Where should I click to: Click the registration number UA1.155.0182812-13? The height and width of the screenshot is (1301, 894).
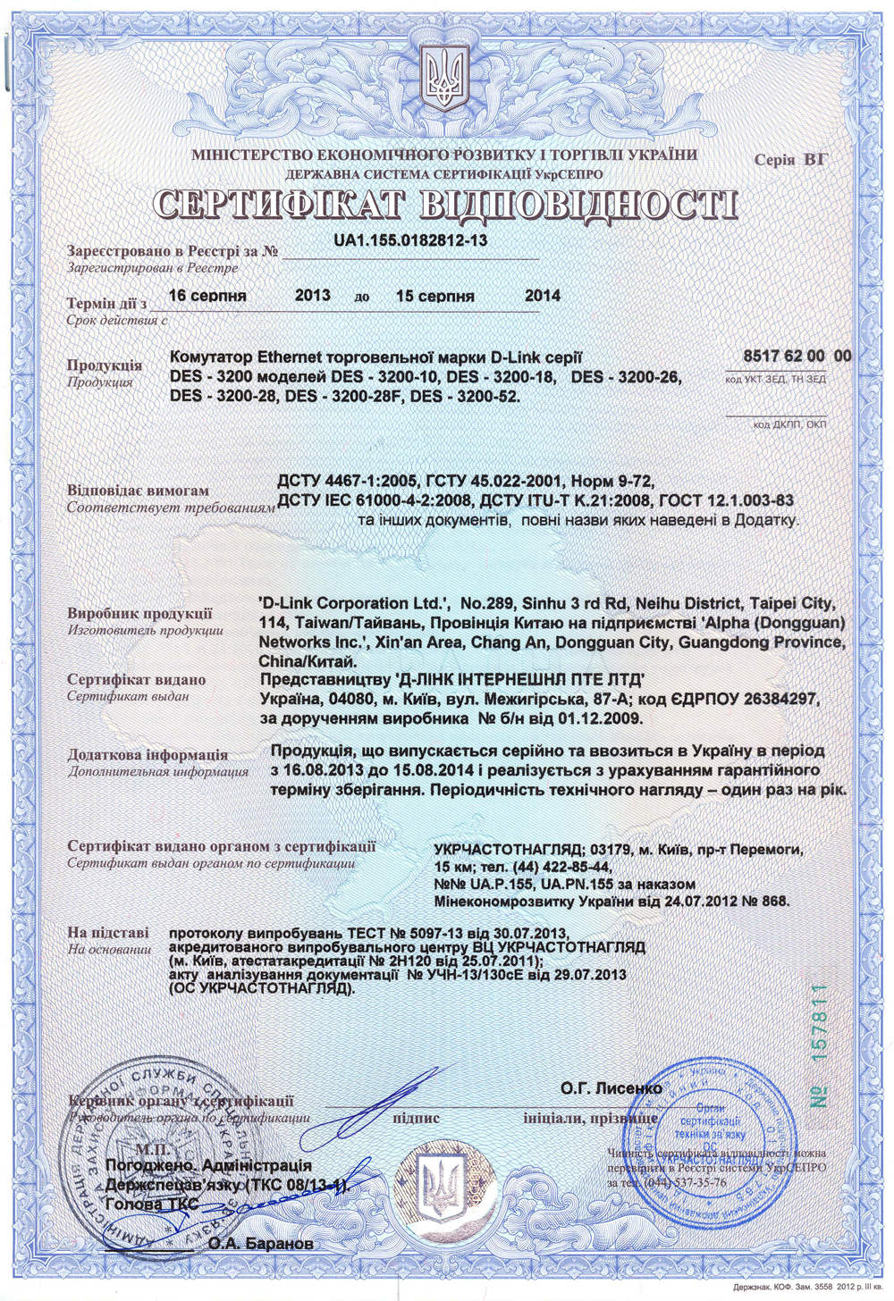[410, 240]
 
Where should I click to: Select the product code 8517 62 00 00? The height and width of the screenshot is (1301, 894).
[797, 356]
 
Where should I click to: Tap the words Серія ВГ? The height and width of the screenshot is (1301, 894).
[790, 160]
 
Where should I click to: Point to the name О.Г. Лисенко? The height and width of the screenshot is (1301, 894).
[611, 1088]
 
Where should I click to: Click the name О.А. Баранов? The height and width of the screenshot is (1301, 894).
[260, 1243]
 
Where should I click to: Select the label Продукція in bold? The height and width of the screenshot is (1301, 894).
[104, 365]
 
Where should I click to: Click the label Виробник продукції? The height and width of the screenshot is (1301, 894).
[139, 614]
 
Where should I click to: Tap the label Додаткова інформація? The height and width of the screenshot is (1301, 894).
[148, 755]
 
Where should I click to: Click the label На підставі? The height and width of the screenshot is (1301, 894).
[108, 933]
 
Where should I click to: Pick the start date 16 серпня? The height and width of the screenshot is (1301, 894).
[207, 296]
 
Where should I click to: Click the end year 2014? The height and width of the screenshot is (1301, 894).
[543, 296]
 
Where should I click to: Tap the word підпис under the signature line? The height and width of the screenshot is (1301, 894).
[416, 1118]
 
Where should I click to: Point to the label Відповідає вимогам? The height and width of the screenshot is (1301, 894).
[138, 491]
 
